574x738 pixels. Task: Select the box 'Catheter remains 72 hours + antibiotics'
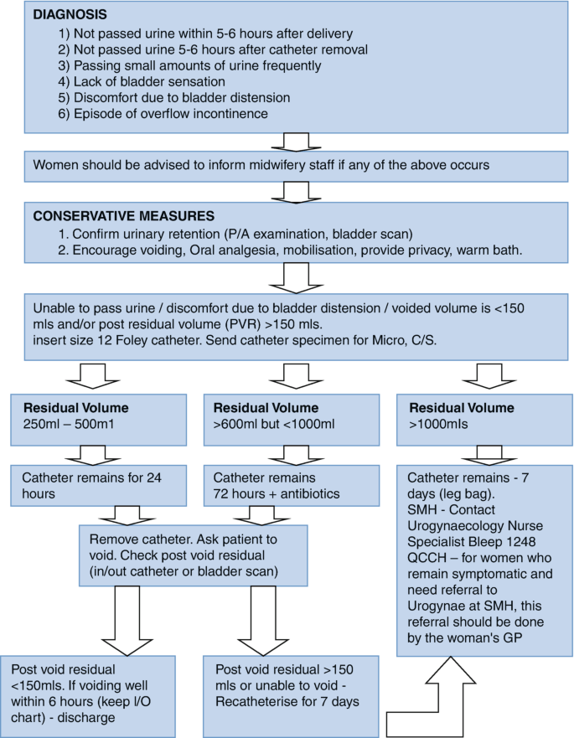(x=286, y=486)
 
